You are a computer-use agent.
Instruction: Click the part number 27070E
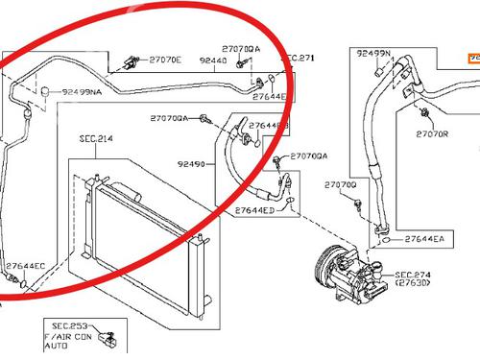(165, 60)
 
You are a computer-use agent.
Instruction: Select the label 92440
(214, 60)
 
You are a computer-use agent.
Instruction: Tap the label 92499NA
(84, 92)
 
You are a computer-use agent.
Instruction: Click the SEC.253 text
(71, 326)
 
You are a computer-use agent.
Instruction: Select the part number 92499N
(374, 54)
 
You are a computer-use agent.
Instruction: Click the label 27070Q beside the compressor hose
(340, 184)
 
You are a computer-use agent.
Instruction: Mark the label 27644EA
(423, 238)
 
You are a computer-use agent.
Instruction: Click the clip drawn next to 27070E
(128, 65)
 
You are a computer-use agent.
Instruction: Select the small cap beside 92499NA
(44, 90)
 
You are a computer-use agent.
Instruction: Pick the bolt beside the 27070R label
(423, 115)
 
